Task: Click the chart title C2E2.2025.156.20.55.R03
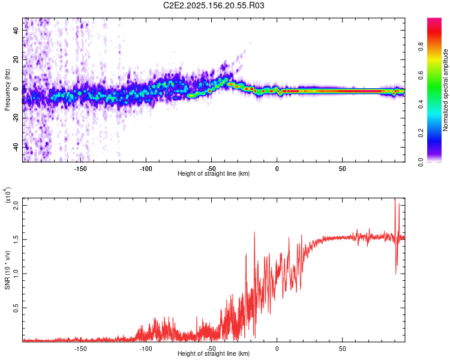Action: [x=214, y=6]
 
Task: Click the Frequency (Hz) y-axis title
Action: [x=7, y=90]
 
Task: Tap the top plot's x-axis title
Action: [x=214, y=173]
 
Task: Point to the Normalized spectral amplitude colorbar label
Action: [x=446, y=90]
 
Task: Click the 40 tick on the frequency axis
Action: [x=16, y=29]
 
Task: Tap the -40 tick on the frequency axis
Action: [x=15, y=147]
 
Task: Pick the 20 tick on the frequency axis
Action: [x=16, y=59]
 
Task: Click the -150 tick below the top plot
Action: [x=80, y=169]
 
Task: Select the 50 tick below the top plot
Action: [x=342, y=169]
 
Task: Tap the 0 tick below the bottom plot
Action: [x=277, y=349]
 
